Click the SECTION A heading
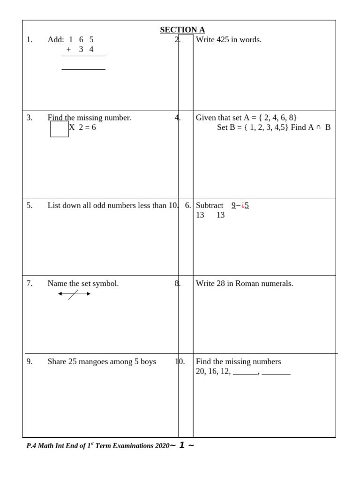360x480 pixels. [x=182, y=30]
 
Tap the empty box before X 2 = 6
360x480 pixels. [x=59, y=129]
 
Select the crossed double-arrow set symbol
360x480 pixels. [x=74, y=294]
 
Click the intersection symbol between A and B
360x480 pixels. [x=318, y=127]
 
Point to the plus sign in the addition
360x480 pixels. [x=68, y=49]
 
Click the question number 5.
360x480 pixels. [x=30, y=205]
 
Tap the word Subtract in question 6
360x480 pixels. [x=210, y=205]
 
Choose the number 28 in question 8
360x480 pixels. [x=221, y=284]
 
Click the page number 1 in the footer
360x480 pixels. [x=182, y=445]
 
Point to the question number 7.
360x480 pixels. [x=30, y=284]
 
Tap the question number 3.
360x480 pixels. [x=30, y=118]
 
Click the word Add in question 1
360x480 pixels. [x=55, y=40]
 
